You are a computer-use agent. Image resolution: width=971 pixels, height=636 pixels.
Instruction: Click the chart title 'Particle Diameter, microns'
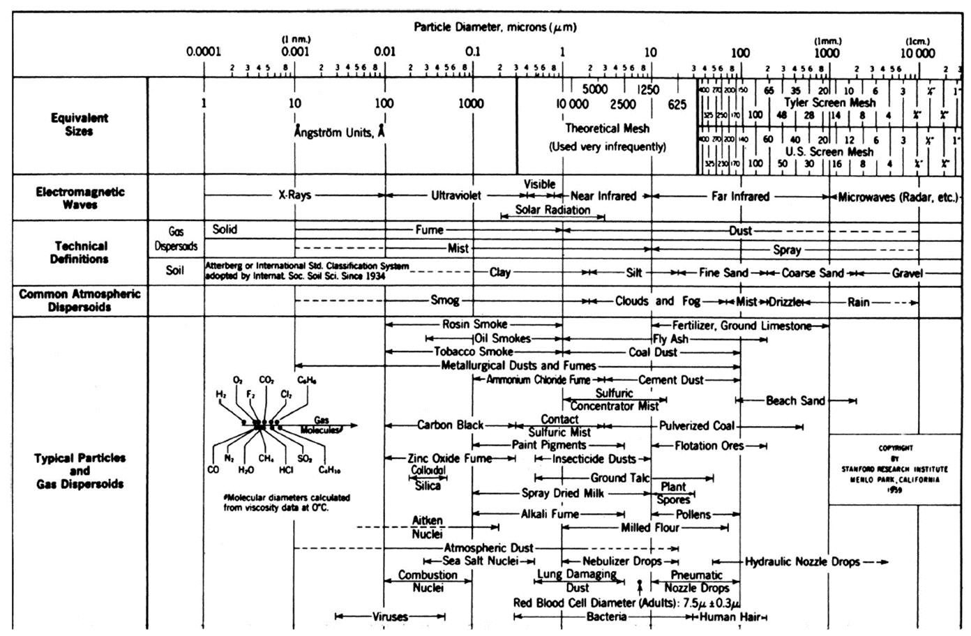495,28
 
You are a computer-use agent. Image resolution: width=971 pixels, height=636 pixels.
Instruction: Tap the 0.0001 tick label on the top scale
203,52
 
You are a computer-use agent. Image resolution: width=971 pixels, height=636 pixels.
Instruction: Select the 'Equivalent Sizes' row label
79,124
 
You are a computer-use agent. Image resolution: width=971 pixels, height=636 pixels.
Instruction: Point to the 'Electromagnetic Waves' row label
80,198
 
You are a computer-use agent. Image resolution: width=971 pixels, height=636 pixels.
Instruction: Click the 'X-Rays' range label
294,196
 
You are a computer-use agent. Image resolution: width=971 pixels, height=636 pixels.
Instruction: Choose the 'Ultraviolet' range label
456,196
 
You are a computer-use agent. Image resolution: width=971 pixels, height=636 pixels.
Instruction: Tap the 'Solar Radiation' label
552,210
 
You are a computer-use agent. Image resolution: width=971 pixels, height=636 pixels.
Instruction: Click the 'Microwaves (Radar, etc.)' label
898,197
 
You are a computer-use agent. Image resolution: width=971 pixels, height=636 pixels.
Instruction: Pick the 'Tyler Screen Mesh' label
829,102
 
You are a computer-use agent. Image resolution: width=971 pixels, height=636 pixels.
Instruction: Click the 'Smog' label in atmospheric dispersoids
444,301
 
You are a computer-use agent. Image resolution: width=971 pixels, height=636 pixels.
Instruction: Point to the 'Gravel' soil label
907,273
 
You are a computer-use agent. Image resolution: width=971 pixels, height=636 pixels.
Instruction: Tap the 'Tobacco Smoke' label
473,352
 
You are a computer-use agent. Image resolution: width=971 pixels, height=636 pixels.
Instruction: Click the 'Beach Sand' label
795,401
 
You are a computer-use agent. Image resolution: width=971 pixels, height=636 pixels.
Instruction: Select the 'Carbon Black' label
450,425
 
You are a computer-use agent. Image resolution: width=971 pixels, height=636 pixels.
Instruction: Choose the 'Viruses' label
390,616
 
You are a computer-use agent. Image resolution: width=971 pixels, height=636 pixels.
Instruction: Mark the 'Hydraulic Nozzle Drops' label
802,561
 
